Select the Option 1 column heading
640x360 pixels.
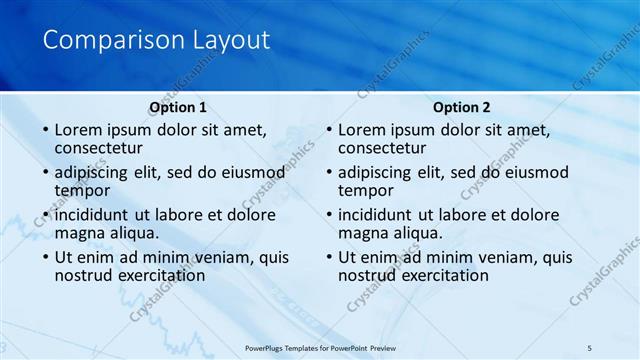tap(178, 107)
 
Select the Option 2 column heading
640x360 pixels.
tap(461, 107)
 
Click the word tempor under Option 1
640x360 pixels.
tap(82, 190)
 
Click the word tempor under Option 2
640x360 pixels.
tap(366, 190)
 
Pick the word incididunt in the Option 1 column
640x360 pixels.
tap(92, 215)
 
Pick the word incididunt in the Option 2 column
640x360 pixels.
tap(376, 215)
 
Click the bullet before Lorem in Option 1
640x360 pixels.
tap(44, 130)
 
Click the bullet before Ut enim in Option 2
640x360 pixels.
tap(328, 257)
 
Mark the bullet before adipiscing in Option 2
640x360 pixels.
tap(328, 172)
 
